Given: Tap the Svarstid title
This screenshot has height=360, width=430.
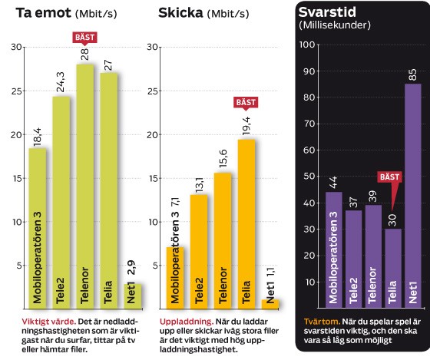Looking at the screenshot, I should [x=322, y=12].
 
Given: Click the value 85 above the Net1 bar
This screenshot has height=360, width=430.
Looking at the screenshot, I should [x=412, y=74].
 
